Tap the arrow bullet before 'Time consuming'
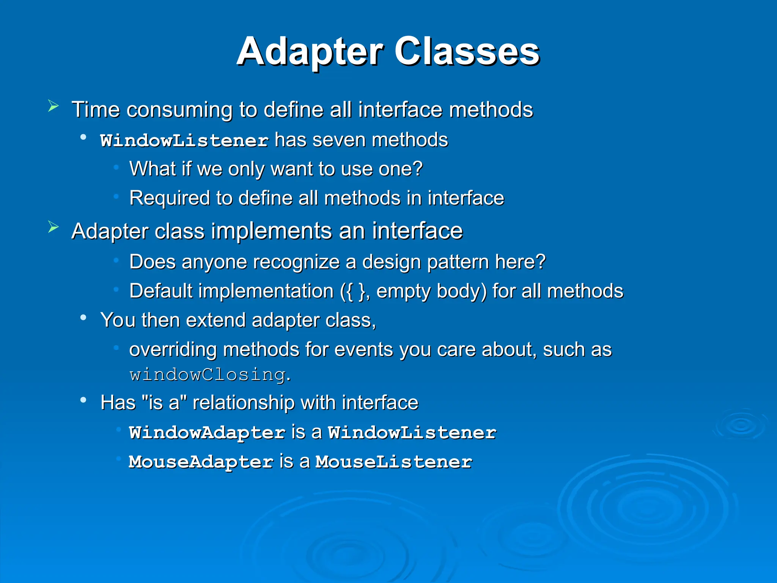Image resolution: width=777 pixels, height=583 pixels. coord(53,106)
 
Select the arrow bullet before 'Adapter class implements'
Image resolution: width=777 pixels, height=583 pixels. coord(53,227)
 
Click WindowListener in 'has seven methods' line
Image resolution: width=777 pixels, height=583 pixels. coord(184,140)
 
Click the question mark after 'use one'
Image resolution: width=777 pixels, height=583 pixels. coord(417,169)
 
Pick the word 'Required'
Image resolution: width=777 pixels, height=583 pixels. coord(170,198)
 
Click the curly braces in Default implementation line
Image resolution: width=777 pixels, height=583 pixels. coord(353,291)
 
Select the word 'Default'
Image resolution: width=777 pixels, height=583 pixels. coord(161,291)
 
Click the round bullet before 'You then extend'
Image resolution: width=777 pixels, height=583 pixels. coord(83,318)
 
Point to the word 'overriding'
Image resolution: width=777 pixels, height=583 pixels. coord(173,350)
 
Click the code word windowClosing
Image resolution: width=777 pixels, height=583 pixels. coord(208,375)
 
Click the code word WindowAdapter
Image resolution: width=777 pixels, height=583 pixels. coord(207,433)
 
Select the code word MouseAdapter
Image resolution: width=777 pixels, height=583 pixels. coord(201,462)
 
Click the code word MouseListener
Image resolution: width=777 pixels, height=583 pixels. coord(394,462)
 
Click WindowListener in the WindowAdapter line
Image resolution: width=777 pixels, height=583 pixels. coord(412,433)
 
